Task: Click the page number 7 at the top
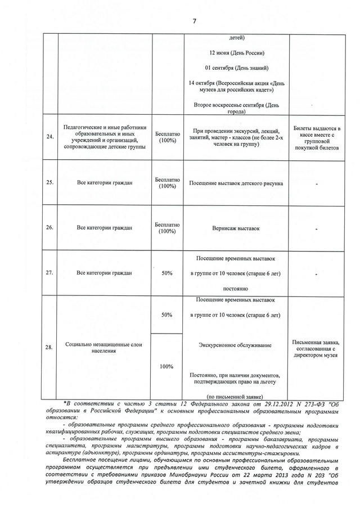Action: point(194,21)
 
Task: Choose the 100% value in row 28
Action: point(167,366)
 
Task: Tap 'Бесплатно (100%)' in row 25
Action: point(167,183)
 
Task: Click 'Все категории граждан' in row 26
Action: point(104,228)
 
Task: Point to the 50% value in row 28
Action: point(167,315)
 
